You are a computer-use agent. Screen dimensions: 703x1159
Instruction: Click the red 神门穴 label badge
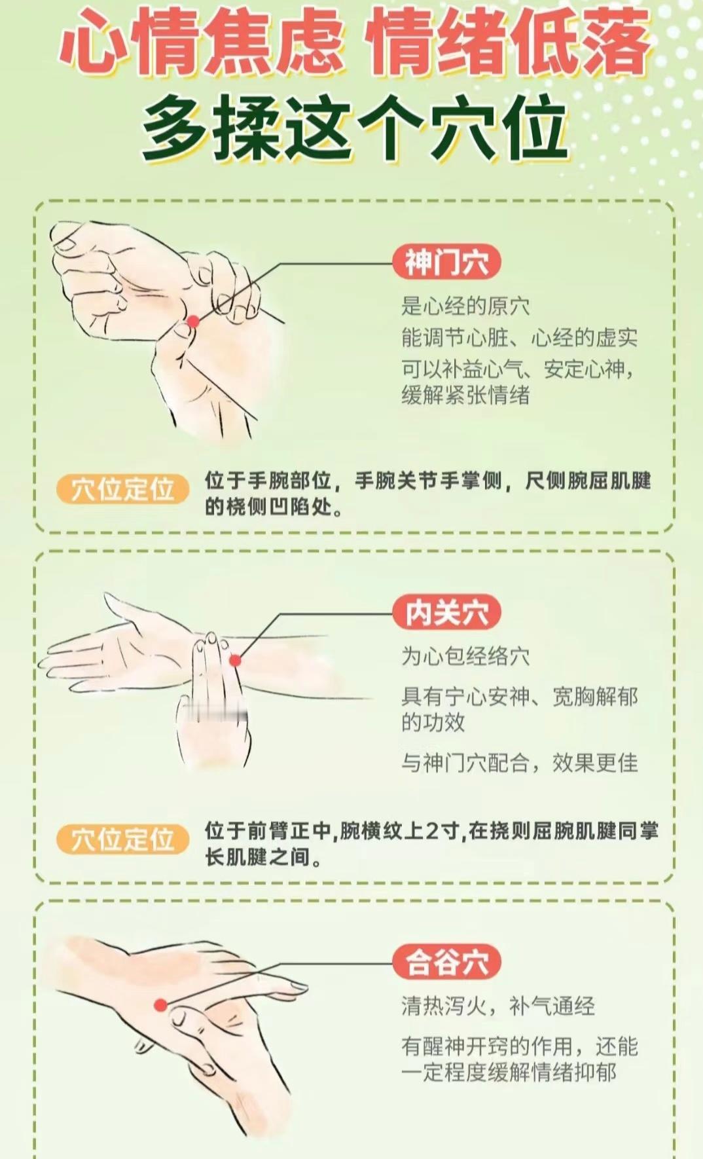(447, 263)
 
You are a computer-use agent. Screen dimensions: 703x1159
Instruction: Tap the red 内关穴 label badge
(447, 614)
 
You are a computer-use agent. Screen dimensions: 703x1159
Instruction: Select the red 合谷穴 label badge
(447, 963)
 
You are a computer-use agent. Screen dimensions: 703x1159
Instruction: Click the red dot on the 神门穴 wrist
(193, 322)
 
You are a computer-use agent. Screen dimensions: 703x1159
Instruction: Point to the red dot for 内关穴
(235, 661)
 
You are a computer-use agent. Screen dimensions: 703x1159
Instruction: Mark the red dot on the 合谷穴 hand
(160, 1005)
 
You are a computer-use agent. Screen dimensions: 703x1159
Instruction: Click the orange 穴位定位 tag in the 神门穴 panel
(122, 490)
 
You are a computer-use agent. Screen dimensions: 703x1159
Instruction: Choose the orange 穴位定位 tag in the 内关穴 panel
(122, 839)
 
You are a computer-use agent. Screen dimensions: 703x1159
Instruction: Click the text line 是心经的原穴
(465, 306)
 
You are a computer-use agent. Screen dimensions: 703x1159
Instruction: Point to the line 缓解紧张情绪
(465, 395)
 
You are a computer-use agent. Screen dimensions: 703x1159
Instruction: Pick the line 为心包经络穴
(465, 656)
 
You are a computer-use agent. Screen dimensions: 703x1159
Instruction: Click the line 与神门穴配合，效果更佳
(520, 763)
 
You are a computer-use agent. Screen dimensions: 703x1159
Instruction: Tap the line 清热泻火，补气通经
(498, 1006)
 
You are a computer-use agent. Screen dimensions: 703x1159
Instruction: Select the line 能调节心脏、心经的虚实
(519, 338)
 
